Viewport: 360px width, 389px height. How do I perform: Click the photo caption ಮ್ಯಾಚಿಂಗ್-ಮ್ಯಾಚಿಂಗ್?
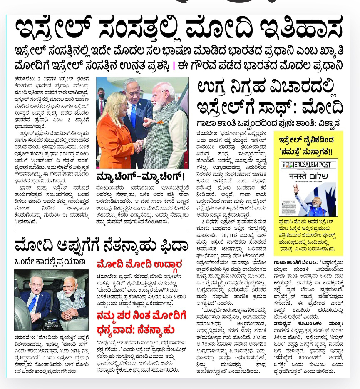click(140, 176)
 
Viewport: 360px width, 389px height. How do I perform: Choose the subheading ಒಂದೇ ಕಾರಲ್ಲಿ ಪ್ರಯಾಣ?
click(50, 262)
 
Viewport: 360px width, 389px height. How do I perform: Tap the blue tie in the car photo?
click(32, 302)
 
